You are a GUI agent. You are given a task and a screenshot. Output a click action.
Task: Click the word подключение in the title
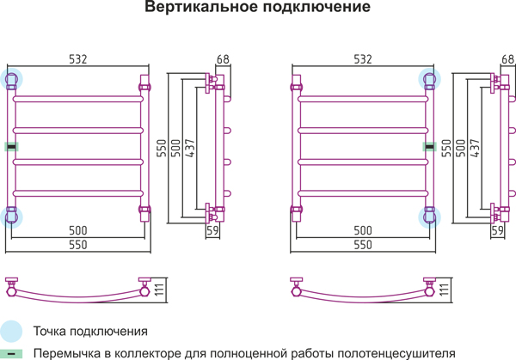point(316,7)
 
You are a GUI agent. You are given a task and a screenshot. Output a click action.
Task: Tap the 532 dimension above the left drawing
point(78,59)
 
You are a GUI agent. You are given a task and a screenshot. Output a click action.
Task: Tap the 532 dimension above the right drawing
point(363,59)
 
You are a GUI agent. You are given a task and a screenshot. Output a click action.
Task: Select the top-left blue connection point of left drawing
point(11,79)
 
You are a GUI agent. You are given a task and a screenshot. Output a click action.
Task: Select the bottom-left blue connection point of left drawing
point(11,217)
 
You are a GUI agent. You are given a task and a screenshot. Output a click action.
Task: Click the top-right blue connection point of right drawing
point(429,79)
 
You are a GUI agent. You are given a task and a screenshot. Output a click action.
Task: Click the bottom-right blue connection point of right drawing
point(429,217)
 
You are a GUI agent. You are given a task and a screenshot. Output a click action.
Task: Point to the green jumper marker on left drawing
point(11,147)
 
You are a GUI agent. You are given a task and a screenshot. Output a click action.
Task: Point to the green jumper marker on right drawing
point(429,147)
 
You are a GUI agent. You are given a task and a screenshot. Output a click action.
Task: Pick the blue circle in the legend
point(11,332)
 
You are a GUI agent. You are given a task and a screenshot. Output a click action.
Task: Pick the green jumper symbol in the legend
point(11,354)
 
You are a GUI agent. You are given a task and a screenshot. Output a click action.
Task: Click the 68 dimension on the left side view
point(223,59)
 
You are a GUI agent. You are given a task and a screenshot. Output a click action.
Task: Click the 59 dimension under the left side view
point(212,230)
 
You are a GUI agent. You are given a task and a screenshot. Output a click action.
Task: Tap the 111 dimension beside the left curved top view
point(160,290)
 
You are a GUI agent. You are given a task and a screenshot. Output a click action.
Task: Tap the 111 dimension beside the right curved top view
point(445,290)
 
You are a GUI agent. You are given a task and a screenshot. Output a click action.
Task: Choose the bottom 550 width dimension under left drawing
point(78,245)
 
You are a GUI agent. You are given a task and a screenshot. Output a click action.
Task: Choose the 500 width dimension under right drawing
point(363,230)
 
